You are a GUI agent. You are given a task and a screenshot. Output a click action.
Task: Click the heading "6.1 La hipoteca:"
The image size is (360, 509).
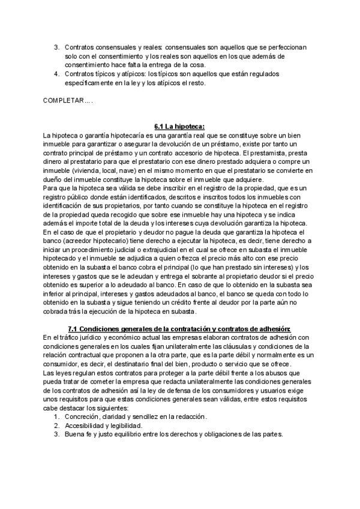tap(179, 126)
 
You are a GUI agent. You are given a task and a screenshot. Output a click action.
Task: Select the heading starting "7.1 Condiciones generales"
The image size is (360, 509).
tap(179, 328)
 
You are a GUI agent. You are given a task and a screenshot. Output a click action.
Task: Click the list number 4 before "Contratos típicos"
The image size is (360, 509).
tap(56, 74)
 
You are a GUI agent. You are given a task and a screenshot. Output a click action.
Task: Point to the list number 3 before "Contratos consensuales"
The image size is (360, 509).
tap(56, 46)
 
